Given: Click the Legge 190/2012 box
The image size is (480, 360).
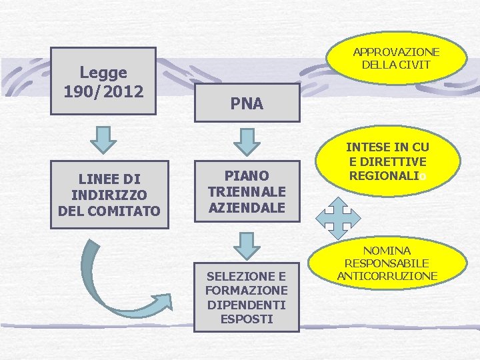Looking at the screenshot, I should tap(103, 80).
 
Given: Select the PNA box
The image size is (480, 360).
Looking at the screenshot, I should tap(247, 103).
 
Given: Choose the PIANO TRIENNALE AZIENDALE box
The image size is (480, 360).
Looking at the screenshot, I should tap(247, 191).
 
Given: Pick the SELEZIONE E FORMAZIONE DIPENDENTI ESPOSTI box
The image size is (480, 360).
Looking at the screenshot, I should tap(247, 297).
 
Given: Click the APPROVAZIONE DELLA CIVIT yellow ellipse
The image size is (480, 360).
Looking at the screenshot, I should tap(396, 59).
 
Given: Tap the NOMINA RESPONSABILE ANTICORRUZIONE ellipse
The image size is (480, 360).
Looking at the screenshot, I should tap(387, 263).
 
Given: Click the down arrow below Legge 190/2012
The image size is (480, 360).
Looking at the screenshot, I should tap(103, 139).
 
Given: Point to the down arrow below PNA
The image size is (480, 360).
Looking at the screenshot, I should tap(247, 139).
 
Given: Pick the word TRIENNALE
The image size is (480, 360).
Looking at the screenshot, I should tap(247, 191).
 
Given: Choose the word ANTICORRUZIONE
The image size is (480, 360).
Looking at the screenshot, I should tap(387, 275).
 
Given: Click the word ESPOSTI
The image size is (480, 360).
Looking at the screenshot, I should tap(247, 319).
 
